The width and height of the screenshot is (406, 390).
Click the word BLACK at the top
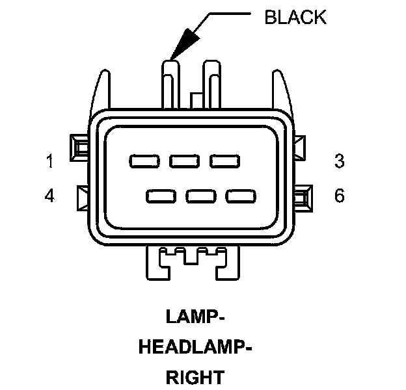[295, 16]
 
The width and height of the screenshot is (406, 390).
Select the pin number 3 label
[339, 161]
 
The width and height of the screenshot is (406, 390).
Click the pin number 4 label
[50, 196]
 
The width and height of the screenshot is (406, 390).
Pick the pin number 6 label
[339, 196]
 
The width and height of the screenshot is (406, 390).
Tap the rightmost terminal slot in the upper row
[222, 161]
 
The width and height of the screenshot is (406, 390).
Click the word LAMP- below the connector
[195, 317]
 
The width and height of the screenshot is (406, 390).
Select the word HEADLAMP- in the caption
[195, 347]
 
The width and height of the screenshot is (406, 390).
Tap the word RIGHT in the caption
[195, 377]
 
